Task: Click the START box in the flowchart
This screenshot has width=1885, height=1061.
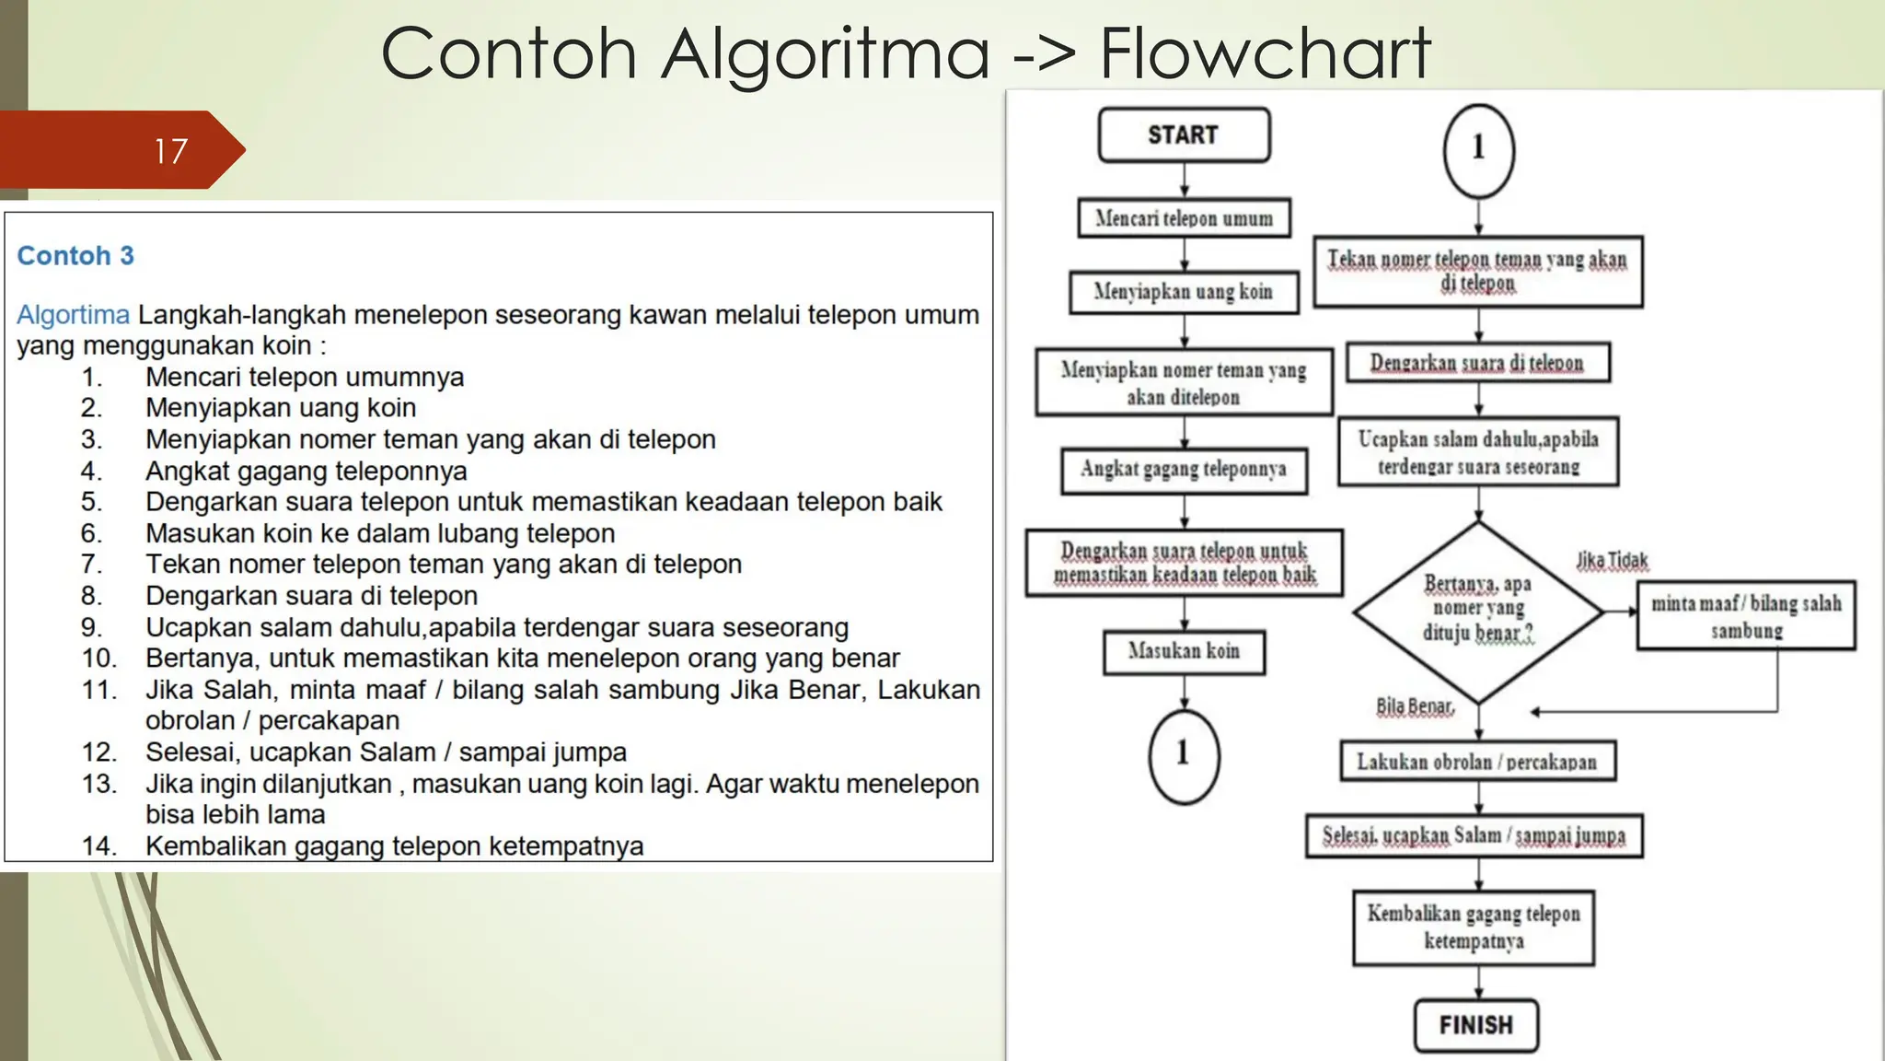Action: (x=1184, y=135)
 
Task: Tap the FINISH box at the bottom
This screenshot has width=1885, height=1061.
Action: (x=1475, y=1025)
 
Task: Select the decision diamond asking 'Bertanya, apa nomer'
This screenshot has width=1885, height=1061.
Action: (x=1478, y=611)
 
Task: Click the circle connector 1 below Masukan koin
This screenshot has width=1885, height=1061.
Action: (x=1184, y=755)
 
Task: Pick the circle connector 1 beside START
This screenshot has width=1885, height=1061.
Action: (x=1478, y=150)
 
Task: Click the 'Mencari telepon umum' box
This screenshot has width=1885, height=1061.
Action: (x=1184, y=218)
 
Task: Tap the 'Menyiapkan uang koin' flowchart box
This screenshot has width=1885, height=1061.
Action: (x=1184, y=292)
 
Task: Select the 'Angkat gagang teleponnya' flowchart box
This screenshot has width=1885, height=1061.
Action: (x=1184, y=470)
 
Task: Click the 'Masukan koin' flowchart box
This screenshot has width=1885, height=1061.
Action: (x=1184, y=651)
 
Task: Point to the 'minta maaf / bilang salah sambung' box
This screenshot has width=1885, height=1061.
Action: (x=1746, y=616)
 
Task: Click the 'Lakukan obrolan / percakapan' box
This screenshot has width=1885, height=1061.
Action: (x=1477, y=762)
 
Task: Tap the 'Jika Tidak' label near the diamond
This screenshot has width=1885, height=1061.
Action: (x=1612, y=561)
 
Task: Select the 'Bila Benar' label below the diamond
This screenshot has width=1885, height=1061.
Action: (x=1415, y=706)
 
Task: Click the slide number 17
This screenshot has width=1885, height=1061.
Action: (x=171, y=151)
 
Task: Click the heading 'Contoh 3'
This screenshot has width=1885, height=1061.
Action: (x=75, y=256)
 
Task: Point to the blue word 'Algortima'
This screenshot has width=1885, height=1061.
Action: (x=74, y=315)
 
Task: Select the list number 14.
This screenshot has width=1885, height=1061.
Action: (x=98, y=845)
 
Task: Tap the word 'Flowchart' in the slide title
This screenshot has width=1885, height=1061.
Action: (x=1265, y=53)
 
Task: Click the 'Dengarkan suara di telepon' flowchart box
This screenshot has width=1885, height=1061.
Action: (x=1477, y=363)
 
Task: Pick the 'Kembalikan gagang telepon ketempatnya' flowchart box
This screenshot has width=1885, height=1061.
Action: (x=1474, y=927)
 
